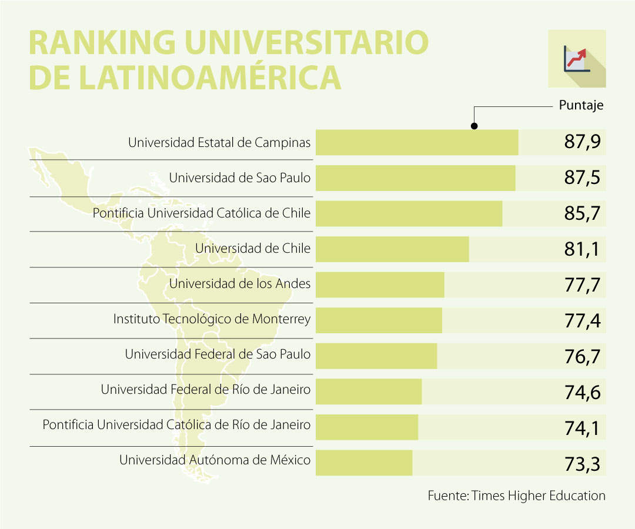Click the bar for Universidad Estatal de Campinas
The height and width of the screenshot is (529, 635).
417,143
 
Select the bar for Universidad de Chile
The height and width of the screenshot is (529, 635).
392,249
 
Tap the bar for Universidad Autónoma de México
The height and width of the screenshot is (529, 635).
364,463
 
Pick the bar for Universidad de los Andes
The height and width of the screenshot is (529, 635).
380,285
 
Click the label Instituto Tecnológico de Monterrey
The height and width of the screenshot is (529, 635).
212,320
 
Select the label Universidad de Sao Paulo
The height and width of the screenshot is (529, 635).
239,178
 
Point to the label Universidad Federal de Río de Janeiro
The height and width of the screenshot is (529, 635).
205,389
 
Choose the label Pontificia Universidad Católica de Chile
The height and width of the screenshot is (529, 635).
201,213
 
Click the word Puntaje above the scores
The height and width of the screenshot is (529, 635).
581,106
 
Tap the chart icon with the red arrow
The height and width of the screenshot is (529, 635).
576,59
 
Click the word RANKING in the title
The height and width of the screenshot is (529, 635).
97,43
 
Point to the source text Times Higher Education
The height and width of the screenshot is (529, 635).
539,495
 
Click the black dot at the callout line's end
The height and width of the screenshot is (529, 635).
474,126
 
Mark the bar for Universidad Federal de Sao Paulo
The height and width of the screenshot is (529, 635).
376,356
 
